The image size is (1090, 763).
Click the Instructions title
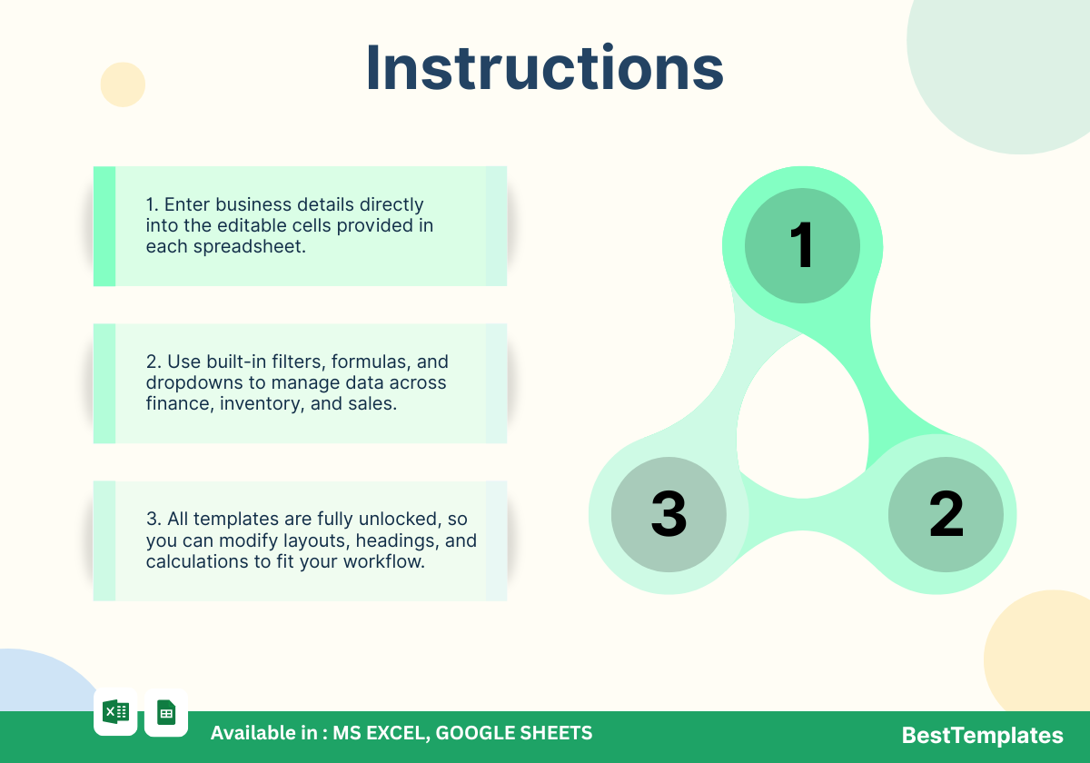point(544,67)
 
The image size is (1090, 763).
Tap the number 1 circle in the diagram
point(802,246)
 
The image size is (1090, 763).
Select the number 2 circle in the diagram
point(946,514)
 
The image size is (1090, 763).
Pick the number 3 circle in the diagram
point(669,514)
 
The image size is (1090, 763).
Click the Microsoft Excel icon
point(116,712)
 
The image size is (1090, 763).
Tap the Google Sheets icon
point(166,712)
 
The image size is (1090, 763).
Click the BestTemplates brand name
point(982,735)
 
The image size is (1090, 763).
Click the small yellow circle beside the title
point(123,84)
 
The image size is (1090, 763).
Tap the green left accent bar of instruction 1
point(104,226)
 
